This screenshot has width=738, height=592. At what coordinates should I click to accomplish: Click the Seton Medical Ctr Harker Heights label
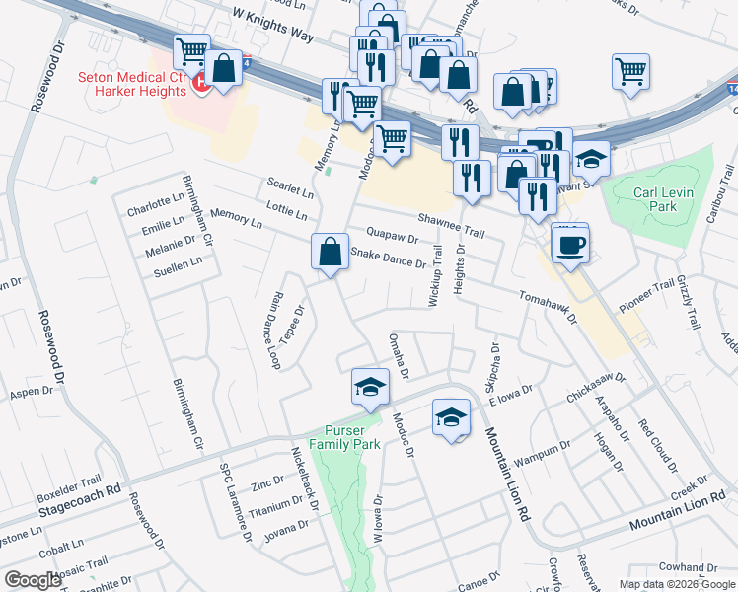133,84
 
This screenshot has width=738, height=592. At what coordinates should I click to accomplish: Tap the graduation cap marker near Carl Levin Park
591,157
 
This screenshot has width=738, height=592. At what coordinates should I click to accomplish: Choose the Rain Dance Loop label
275,330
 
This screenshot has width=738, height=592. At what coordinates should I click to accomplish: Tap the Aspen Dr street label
30,393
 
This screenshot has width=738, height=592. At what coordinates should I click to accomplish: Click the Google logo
34,580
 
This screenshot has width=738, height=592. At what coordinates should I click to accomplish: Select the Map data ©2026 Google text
675,584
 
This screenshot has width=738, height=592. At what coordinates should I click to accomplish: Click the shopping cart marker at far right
630,71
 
